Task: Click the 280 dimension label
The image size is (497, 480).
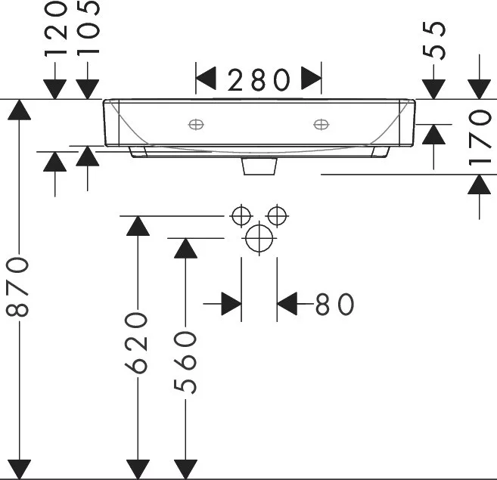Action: click(x=258, y=80)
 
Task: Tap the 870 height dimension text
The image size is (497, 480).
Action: click(x=17, y=287)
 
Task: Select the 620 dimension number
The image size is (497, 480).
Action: click(x=136, y=343)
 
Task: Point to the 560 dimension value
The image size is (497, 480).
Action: click(x=185, y=362)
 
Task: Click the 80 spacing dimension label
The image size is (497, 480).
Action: click(x=334, y=304)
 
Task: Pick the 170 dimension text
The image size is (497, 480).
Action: click(x=480, y=137)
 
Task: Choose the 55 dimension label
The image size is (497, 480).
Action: click(x=434, y=40)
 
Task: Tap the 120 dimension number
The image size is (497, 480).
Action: click(x=55, y=29)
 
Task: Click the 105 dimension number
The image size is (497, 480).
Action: click(x=88, y=28)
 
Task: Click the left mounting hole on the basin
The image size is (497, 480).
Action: click(x=196, y=125)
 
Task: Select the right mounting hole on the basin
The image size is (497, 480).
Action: click(x=321, y=125)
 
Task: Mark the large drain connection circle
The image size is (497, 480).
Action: click(x=259, y=238)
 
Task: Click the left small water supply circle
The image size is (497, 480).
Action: click(x=241, y=216)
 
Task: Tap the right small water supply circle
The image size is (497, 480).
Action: click(x=277, y=216)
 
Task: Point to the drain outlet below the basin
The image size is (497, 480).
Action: click(x=259, y=166)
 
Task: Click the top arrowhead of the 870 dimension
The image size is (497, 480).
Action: click(x=20, y=110)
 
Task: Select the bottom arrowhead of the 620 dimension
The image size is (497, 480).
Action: click(x=138, y=469)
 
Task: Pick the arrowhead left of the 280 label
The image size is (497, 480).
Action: click(x=206, y=78)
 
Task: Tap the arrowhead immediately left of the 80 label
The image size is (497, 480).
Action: click(x=287, y=304)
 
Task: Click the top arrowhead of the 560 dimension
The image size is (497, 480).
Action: click(x=185, y=248)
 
